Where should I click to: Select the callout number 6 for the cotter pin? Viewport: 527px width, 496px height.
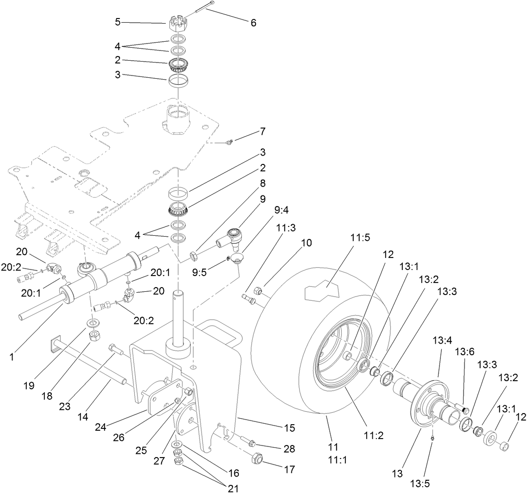pos(253,22)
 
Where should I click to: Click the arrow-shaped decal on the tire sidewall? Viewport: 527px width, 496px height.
pos(321,291)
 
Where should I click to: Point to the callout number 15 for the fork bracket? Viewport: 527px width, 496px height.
pos(290,428)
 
